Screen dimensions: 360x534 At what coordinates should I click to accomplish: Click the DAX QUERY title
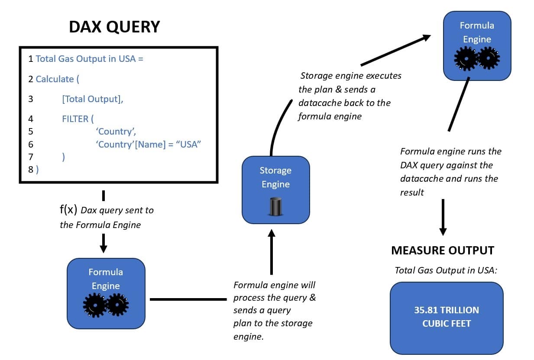114,27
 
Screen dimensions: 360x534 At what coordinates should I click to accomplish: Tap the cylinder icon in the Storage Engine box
275,206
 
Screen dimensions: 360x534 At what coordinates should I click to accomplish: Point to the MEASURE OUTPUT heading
442,250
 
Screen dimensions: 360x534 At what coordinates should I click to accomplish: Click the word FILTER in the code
75,119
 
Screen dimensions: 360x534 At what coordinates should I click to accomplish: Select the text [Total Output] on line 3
92,99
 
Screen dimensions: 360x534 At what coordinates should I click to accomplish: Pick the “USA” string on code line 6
189,145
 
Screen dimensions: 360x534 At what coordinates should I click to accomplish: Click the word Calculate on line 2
55,79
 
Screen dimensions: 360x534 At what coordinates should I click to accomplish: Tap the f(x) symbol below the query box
68,210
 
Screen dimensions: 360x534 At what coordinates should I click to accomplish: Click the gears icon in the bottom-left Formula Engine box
106,305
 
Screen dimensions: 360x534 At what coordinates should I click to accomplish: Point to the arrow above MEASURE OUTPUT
443,217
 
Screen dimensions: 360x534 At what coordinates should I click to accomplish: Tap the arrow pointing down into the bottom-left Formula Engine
103,243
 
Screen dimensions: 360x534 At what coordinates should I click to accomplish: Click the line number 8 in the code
31,169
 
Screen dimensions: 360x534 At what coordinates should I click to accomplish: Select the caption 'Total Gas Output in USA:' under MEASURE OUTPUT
446,270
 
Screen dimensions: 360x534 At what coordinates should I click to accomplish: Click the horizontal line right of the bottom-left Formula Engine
188,299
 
